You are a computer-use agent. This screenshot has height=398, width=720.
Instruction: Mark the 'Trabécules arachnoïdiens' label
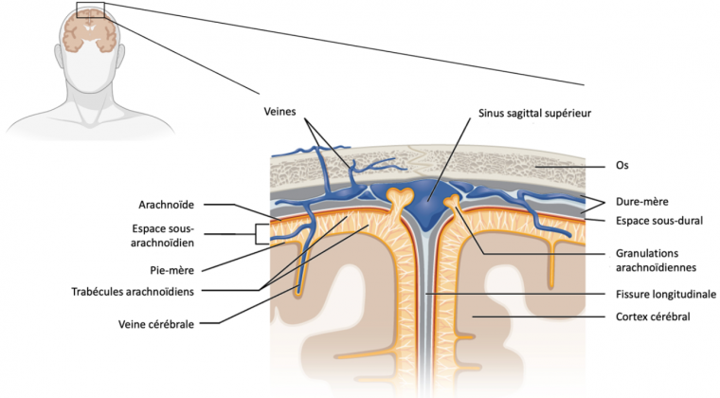[x=172, y=291]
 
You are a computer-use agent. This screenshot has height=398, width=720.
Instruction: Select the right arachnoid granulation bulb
[x=452, y=201]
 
